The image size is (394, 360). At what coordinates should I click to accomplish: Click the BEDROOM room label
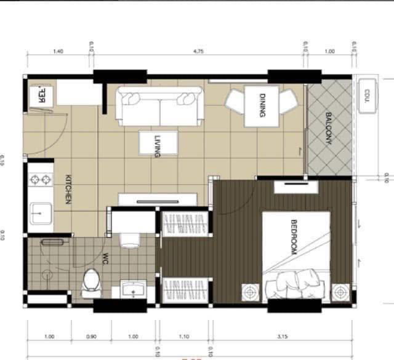(294, 237)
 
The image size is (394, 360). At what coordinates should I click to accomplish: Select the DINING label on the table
(262, 105)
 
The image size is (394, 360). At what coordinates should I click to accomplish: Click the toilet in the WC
(92, 281)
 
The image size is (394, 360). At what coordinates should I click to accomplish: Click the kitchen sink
(40, 212)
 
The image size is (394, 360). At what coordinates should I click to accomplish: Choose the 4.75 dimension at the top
(198, 52)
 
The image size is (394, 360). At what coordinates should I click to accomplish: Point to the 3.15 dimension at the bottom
(283, 336)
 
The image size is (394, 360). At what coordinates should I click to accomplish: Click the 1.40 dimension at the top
(59, 52)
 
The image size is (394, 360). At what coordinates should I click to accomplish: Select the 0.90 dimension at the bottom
(90, 336)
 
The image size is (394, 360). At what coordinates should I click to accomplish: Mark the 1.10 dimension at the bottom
(183, 336)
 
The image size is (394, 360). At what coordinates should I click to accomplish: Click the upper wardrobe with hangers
(185, 223)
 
